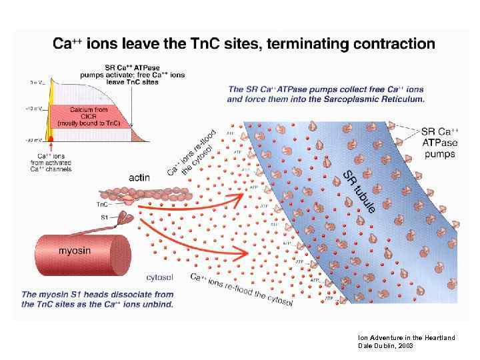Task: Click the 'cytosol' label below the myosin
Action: coord(161,276)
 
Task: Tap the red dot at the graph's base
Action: coord(49,138)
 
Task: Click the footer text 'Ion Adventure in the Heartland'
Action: coord(406,337)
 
